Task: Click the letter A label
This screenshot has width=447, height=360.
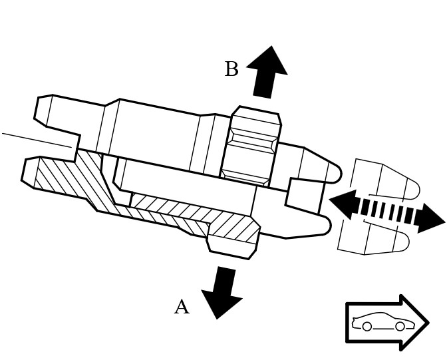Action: tap(182, 307)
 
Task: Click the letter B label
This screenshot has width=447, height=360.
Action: tap(231, 69)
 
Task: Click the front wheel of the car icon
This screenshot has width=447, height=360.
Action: tap(400, 327)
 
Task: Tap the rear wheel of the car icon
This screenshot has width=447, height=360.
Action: tap(367, 327)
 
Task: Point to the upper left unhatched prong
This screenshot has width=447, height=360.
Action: tap(57, 116)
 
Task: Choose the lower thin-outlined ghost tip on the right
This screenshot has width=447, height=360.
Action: tap(376, 238)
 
